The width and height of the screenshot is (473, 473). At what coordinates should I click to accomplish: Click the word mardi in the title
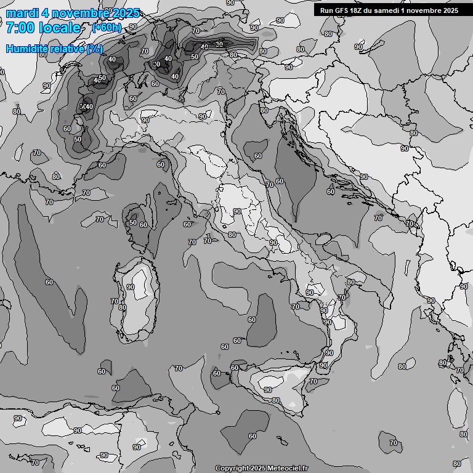coord(20,13)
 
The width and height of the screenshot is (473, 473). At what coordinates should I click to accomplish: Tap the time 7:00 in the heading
coord(19,28)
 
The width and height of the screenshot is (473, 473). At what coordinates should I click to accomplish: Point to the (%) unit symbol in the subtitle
coord(95,49)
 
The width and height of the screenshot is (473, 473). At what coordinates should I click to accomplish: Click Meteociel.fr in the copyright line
coord(285,468)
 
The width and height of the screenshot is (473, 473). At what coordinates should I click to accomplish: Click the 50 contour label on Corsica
coord(132,223)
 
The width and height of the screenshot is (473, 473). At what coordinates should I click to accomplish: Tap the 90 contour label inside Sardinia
coord(130,287)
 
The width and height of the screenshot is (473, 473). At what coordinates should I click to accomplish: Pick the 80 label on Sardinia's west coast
coord(122,307)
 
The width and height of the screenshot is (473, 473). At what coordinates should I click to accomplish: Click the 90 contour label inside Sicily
coord(268,390)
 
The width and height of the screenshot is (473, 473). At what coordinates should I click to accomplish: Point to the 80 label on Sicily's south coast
coord(275,400)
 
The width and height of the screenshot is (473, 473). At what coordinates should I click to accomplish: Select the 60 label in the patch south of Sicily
coord(252,436)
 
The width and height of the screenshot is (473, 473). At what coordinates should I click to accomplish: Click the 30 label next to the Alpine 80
coord(220,44)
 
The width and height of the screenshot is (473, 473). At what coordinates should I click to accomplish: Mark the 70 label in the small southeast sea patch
coord(393,442)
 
